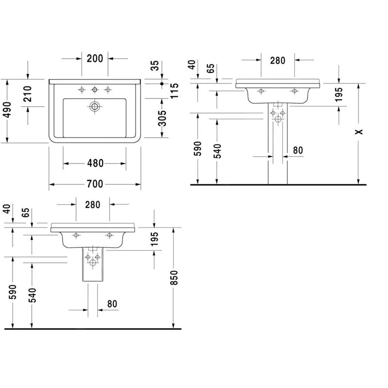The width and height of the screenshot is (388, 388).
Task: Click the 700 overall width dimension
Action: click(x=95, y=184)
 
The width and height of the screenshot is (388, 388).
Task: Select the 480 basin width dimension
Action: click(x=95, y=163)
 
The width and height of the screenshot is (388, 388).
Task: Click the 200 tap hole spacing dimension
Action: click(x=95, y=59)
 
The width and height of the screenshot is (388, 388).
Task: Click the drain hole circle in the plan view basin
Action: click(x=95, y=106)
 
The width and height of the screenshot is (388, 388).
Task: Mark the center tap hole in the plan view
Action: click(x=95, y=89)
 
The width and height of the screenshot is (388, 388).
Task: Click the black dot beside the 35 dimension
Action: click(x=162, y=83)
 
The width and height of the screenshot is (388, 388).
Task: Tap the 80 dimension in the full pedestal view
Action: click(x=298, y=150)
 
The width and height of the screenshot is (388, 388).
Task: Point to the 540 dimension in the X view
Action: click(x=217, y=151)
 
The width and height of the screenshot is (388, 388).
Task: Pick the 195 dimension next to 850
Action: click(x=154, y=239)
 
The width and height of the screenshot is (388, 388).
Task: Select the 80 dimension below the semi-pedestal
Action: click(x=112, y=304)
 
